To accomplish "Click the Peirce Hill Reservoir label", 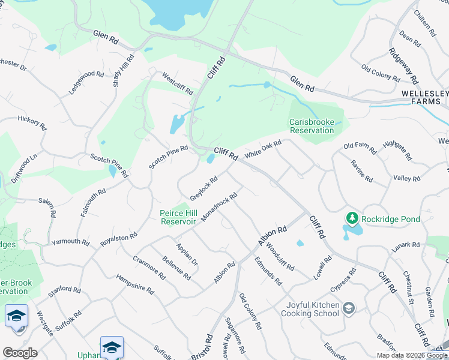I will point(178,217).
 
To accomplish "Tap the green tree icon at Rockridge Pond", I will point(352,218).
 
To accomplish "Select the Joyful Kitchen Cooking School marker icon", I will point(349,308).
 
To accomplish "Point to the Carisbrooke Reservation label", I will point(312,126).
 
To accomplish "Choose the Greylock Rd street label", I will point(203,188).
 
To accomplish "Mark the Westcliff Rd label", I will point(178,83).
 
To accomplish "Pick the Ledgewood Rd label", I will point(86,82).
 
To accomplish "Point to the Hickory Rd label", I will point(32,123).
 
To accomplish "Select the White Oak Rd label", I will point(263,151).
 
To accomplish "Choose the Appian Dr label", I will point(186,254).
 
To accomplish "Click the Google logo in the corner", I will point(20,353).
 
